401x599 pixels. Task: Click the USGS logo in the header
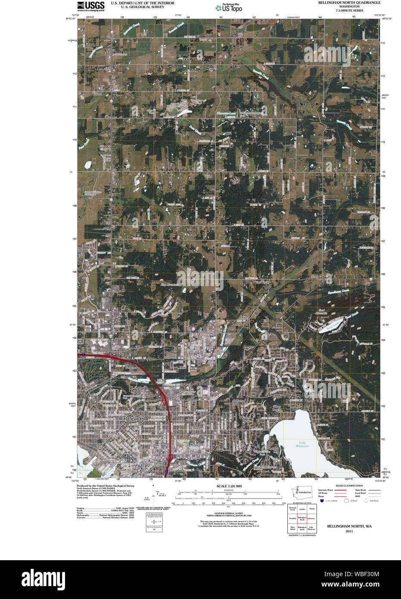click(x=90, y=6)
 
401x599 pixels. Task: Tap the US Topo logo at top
click(x=229, y=7)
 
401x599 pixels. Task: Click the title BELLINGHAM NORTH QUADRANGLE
click(x=349, y=3)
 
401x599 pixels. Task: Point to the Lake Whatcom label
click(x=302, y=444)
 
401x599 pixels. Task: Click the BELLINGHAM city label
click(x=131, y=418)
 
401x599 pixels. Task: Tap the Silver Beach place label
click(x=277, y=408)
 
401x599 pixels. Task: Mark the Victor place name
click(x=208, y=176)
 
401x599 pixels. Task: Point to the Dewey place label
click(x=244, y=317)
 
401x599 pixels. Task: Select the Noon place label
click(x=315, y=276)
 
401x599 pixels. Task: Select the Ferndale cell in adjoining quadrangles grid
click(x=292, y=518)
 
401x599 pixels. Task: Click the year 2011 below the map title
click(x=349, y=531)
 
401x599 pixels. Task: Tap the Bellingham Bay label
click(x=86, y=470)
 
